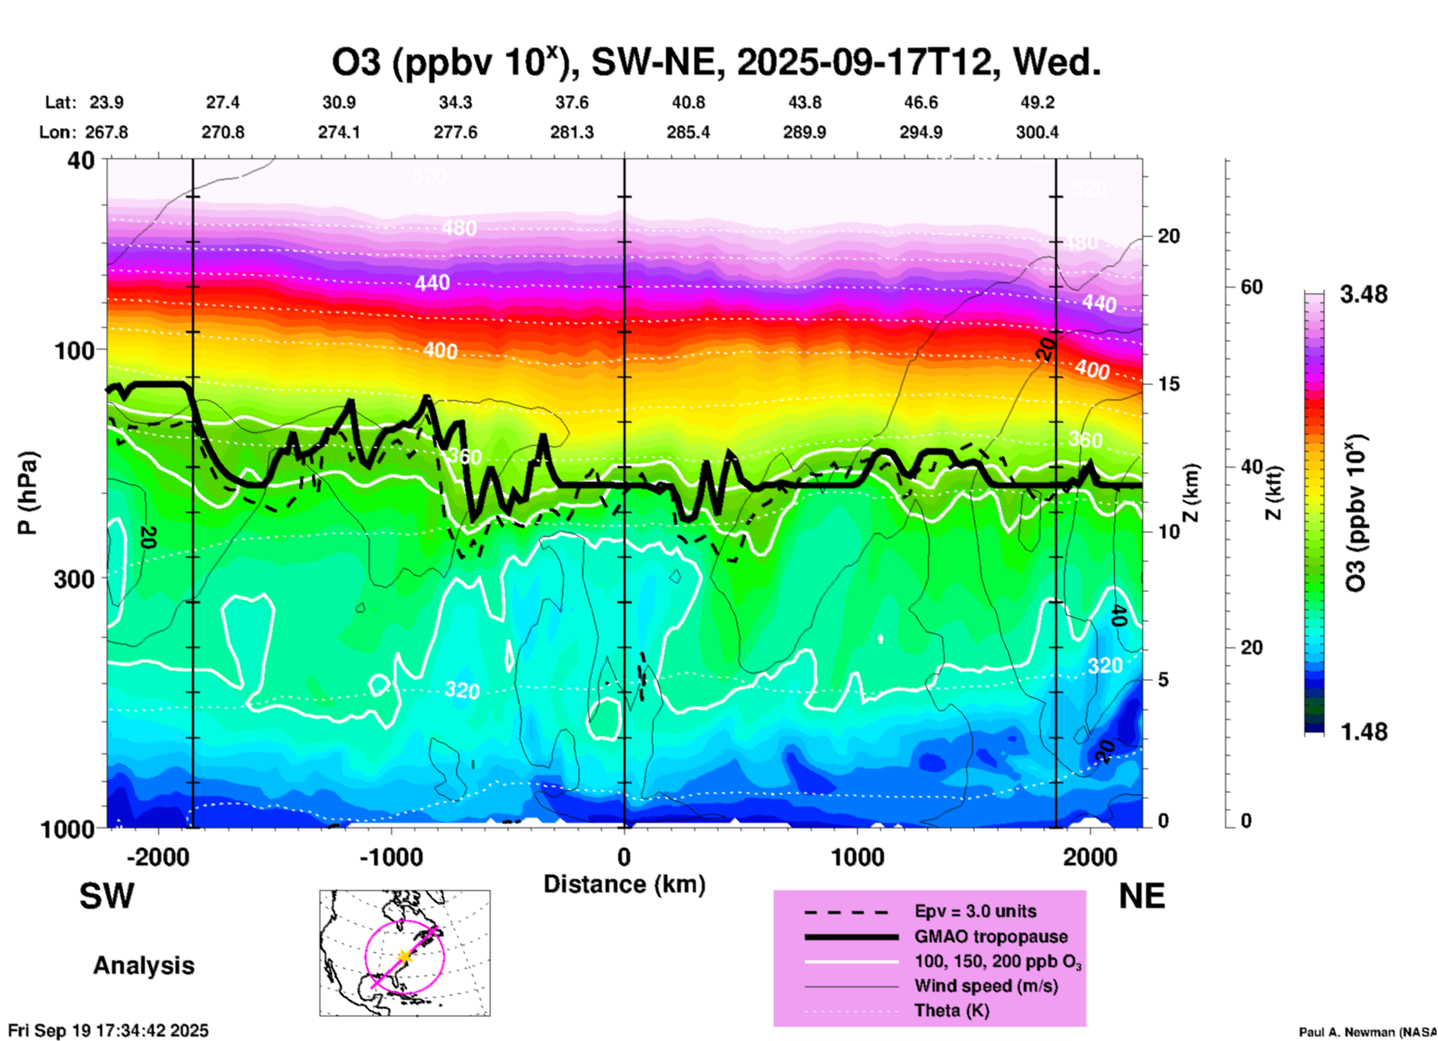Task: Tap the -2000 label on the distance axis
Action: pyautogui.click(x=158, y=857)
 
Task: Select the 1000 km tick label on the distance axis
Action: pyautogui.click(x=857, y=857)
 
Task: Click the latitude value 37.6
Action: pyautogui.click(x=572, y=102)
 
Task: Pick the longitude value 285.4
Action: pyautogui.click(x=688, y=132)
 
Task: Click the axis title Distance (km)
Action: pyautogui.click(x=624, y=884)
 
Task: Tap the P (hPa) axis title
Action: pyautogui.click(x=27, y=493)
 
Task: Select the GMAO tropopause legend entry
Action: pyautogui.click(x=991, y=936)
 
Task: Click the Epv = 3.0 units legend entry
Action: pyautogui.click(x=975, y=912)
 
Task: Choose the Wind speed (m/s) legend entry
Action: pyautogui.click(x=986, y=986)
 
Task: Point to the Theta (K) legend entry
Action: pyautogui.click(x=951, y=1011)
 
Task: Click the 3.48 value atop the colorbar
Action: pyautogui.click(x=1363, y=295)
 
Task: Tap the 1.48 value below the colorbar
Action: pyautogui.click(x=1363, y=732)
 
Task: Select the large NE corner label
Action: pyautogui.click(x=1142, y=896)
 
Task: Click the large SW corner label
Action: pyautogui.click(x=107, y=896)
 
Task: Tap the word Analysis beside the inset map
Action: pyautogui.click(x=143, y=966)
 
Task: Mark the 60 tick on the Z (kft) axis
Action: pyautogui.click(x=1251, y=287)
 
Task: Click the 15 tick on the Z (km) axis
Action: pyautogui.click(x=1168, y=384)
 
